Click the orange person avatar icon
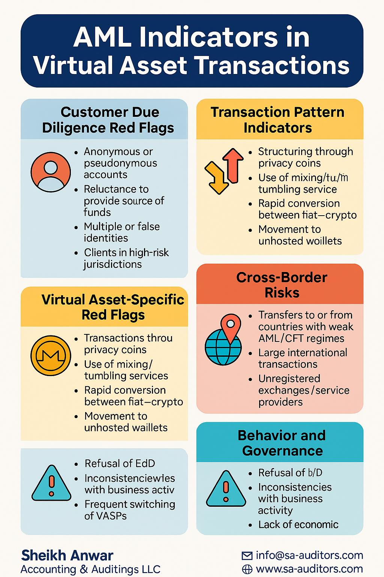point(51,172)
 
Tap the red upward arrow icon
point(235,165)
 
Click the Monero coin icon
point(51,355)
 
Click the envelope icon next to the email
point(247,556)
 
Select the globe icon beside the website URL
point(247,569)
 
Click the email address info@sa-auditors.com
point(309,556)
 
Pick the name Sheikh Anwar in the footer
point(67,555)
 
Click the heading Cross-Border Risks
point(282,285)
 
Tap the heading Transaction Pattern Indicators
point(277,120)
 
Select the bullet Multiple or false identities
point(121,232)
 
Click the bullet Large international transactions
point(302,358)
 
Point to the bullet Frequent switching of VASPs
point(129,510)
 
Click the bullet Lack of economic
point(298,524)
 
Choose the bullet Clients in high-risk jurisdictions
point(126,258)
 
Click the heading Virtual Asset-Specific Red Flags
point(112,307)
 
